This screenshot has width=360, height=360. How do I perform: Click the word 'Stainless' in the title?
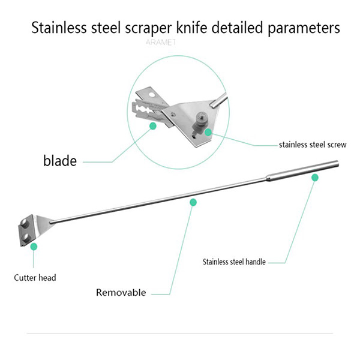tap(59, 28)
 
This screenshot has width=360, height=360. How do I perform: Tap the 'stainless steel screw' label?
tap(313, 144)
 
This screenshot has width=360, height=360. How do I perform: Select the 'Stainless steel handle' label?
tap(234, 262)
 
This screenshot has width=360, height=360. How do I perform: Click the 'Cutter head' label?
tap(35, 278)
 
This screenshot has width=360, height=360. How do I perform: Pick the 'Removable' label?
tap(121, 293)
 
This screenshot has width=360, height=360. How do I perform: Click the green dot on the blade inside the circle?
tap(153, 126)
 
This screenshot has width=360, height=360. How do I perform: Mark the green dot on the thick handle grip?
tap(313, 178)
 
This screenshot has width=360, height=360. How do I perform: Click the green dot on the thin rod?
tap(193, 203)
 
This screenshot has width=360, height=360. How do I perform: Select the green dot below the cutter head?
tap(34, 246)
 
